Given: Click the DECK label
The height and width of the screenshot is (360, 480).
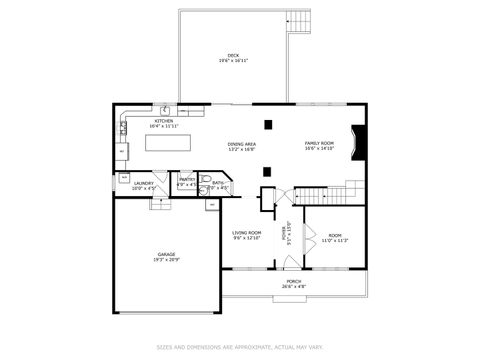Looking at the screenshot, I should [x=233, y=57].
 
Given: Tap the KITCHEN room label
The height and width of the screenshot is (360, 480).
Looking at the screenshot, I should [x=162, y=124].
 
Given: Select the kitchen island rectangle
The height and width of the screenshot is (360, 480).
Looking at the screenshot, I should [x=168, y=143].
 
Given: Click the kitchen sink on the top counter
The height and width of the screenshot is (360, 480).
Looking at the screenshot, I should [x=166, y=110].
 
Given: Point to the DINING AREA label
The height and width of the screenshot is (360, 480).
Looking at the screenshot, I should [x=242, y=146].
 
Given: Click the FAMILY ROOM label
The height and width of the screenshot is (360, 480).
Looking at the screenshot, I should [x=319, y=146].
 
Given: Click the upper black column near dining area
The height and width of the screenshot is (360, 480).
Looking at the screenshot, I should [x=267, y=124].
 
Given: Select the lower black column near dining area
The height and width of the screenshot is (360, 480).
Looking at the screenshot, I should [x=267, y=170].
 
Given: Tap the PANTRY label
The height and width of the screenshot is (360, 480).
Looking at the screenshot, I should [x=187, y=183].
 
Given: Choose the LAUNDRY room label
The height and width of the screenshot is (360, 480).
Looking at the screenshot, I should [x=145, y=185].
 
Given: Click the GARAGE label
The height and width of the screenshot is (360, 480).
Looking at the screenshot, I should [x=166, y=257].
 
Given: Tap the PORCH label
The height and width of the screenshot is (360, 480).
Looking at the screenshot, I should [x=294, y=284].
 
